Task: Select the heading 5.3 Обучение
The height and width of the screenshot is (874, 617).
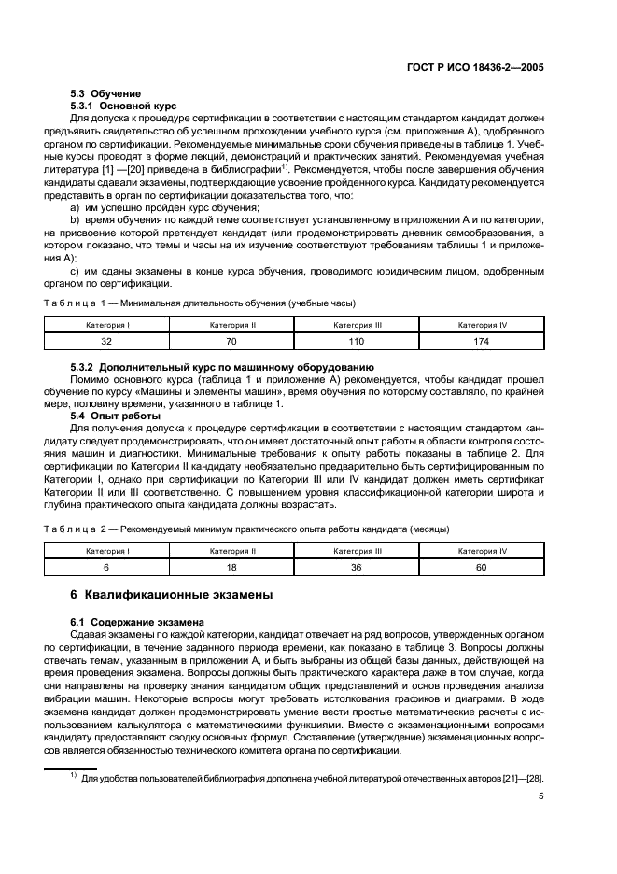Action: pyautogui.click(x=105, y=93)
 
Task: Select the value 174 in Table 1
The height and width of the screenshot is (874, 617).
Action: pyautogui.click(x=482, y=342)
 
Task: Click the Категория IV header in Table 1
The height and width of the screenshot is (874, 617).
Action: pyautogui.click(x=482, y=325)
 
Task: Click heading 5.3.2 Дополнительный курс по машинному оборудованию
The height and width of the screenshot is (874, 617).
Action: pyautogui.click(x=222, y=367)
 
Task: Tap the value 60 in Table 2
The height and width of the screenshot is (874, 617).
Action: pyautogui.click(x=482, y=567)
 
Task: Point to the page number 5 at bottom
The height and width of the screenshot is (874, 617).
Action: pyautogui.click(x=541, y=797)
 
